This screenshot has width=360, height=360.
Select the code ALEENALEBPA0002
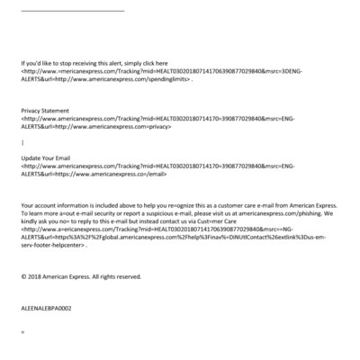coord(46,308)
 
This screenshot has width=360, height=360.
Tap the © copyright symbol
coord(23,275)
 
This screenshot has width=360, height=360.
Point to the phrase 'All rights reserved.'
coord(116,275)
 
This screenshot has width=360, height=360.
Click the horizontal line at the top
coord(72,10)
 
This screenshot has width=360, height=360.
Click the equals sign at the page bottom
coord(22,332)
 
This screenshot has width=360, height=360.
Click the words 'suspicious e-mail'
coord(175,214)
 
